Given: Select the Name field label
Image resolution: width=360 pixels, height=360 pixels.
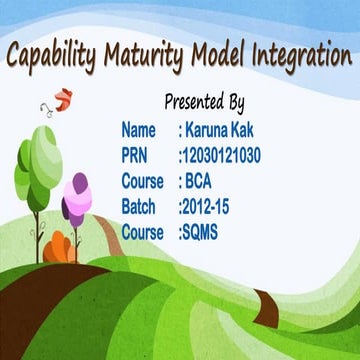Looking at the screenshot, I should (x=139, y=130).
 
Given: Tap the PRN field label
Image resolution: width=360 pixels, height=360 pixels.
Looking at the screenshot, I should (x=137, y=155).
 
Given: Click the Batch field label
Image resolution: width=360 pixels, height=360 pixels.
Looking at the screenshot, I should (x=139, y=207).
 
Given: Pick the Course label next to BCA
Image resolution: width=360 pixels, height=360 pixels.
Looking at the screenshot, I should (x=142, y=181).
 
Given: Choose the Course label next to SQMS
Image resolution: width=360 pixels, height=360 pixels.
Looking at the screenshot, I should (x=142, y=232).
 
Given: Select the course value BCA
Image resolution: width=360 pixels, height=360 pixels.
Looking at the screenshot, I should (x=197, y=181).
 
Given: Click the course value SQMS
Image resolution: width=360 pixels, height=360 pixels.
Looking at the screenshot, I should (x=202, y=232).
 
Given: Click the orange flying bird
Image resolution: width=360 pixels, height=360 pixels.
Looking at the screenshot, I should (x=64, y=99).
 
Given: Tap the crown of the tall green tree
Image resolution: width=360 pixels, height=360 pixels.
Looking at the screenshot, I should (x=36, y=158).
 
